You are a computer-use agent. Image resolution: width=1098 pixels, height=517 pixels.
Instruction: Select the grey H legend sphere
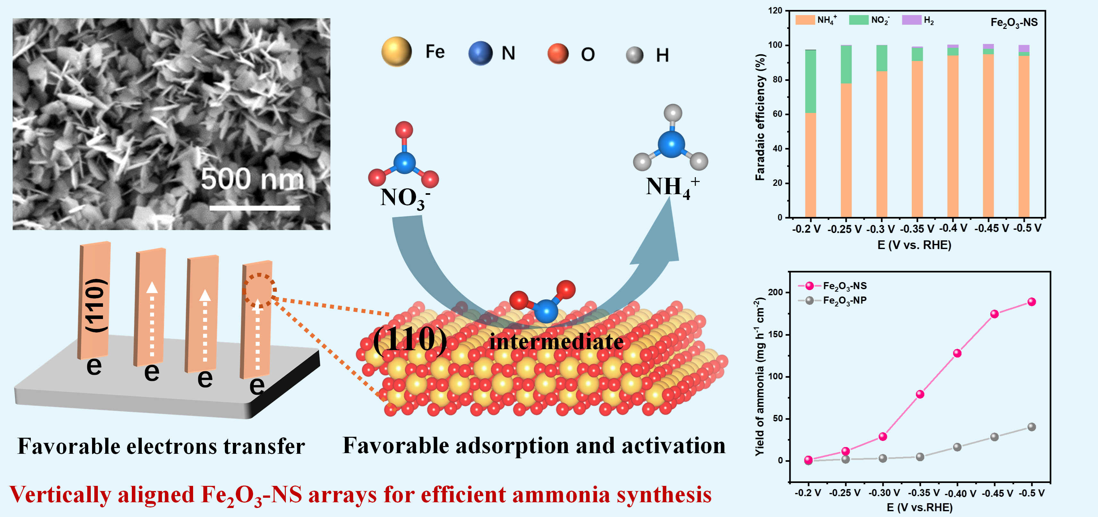click(x=634, y=55)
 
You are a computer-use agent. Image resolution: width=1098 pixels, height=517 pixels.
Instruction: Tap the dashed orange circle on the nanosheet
click(x=259, y=290)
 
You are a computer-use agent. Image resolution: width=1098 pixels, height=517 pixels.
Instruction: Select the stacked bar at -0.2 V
click(x=810, y=134)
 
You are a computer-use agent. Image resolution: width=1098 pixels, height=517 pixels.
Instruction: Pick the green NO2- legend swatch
click(x=858, y=20)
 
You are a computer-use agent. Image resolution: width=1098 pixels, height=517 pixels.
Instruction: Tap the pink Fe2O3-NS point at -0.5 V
click(x=1032, y=302)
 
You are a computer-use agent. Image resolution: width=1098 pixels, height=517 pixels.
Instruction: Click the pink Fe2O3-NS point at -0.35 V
click(x=920, y=394)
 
